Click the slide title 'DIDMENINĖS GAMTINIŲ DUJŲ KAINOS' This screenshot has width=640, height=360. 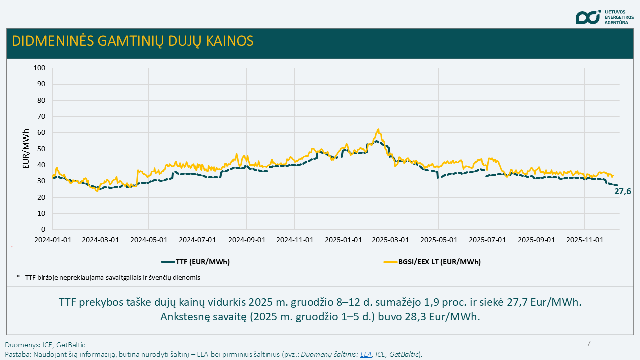coord(133,41)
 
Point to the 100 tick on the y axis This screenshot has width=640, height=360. coord(39,68)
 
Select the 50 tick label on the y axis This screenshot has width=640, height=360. coord(41,149)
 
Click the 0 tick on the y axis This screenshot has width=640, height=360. coord(43,229)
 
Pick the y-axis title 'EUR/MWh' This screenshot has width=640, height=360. coord(26,149)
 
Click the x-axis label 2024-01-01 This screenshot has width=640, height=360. coord(53,240)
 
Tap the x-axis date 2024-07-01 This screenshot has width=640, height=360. coord(198,240)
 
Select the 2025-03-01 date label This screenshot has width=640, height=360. coord(391,240)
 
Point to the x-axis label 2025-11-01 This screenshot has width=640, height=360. coord(585,240)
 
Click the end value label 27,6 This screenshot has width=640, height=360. coord(622,191)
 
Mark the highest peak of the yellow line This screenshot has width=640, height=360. coord(378,129)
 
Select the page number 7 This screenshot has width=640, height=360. coord(589,343)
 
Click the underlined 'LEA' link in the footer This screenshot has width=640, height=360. coord(366,354)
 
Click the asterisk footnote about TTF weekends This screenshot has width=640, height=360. coord(108,277)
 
